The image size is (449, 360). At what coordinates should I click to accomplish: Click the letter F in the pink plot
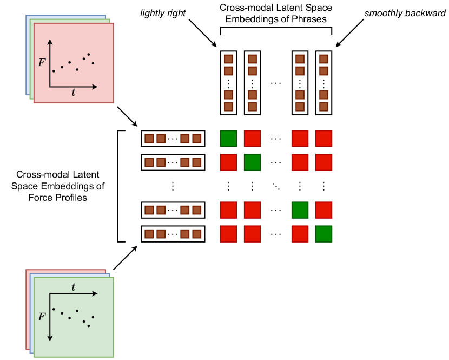pyautogui.click(x=42, y=63)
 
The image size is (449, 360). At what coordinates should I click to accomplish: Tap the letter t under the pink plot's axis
pyautogui.click(x=74, y=93)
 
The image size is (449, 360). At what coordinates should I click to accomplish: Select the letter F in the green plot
pyautogui.click(x=42, y=317)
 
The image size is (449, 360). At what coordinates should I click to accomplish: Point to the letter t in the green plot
pyautogui.click(x=74, y=287)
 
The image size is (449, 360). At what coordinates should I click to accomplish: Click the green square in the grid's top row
pyautogui.click(x=228, y=139)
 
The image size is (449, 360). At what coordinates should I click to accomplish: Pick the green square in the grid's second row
pyautogui.click(x=252, y=162)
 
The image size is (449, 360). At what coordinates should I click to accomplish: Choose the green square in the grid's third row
pyautogui.click(x=300, y=210)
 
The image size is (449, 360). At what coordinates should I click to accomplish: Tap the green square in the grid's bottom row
pyautogui.click(x=323, y=234)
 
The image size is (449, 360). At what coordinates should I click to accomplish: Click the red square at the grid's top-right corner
pyautogui.click(x=323, y=139)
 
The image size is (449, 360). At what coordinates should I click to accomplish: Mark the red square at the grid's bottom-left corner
pyautogui.click(x=228, y=234)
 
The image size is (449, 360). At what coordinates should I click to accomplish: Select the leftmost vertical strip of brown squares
pyautogui.click(x=228, y=83)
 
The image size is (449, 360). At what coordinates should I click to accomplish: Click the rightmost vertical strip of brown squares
pyautogui.click(x=323, y=83)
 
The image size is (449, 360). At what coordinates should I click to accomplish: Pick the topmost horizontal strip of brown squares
pyautogui.click(x=173, y=139)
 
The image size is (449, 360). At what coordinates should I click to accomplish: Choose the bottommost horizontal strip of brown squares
pyautogui.click(x=173, y=234)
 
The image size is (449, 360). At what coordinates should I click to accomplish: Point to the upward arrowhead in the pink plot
pyautogui.click(x=50, y=41)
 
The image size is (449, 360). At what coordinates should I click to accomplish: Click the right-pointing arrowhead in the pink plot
pyautogui.click(x=95, y=87)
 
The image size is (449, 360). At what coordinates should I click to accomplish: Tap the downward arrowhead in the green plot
pyautogui.click(x=50, y=338)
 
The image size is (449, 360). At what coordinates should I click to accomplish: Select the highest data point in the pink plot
pyautogui.click(x=89, y=54)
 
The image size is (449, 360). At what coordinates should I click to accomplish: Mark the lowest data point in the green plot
pyautogui.click(x=89, y=326)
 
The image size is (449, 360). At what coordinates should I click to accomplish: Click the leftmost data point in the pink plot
pyautogui.click(x=54, y=71)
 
